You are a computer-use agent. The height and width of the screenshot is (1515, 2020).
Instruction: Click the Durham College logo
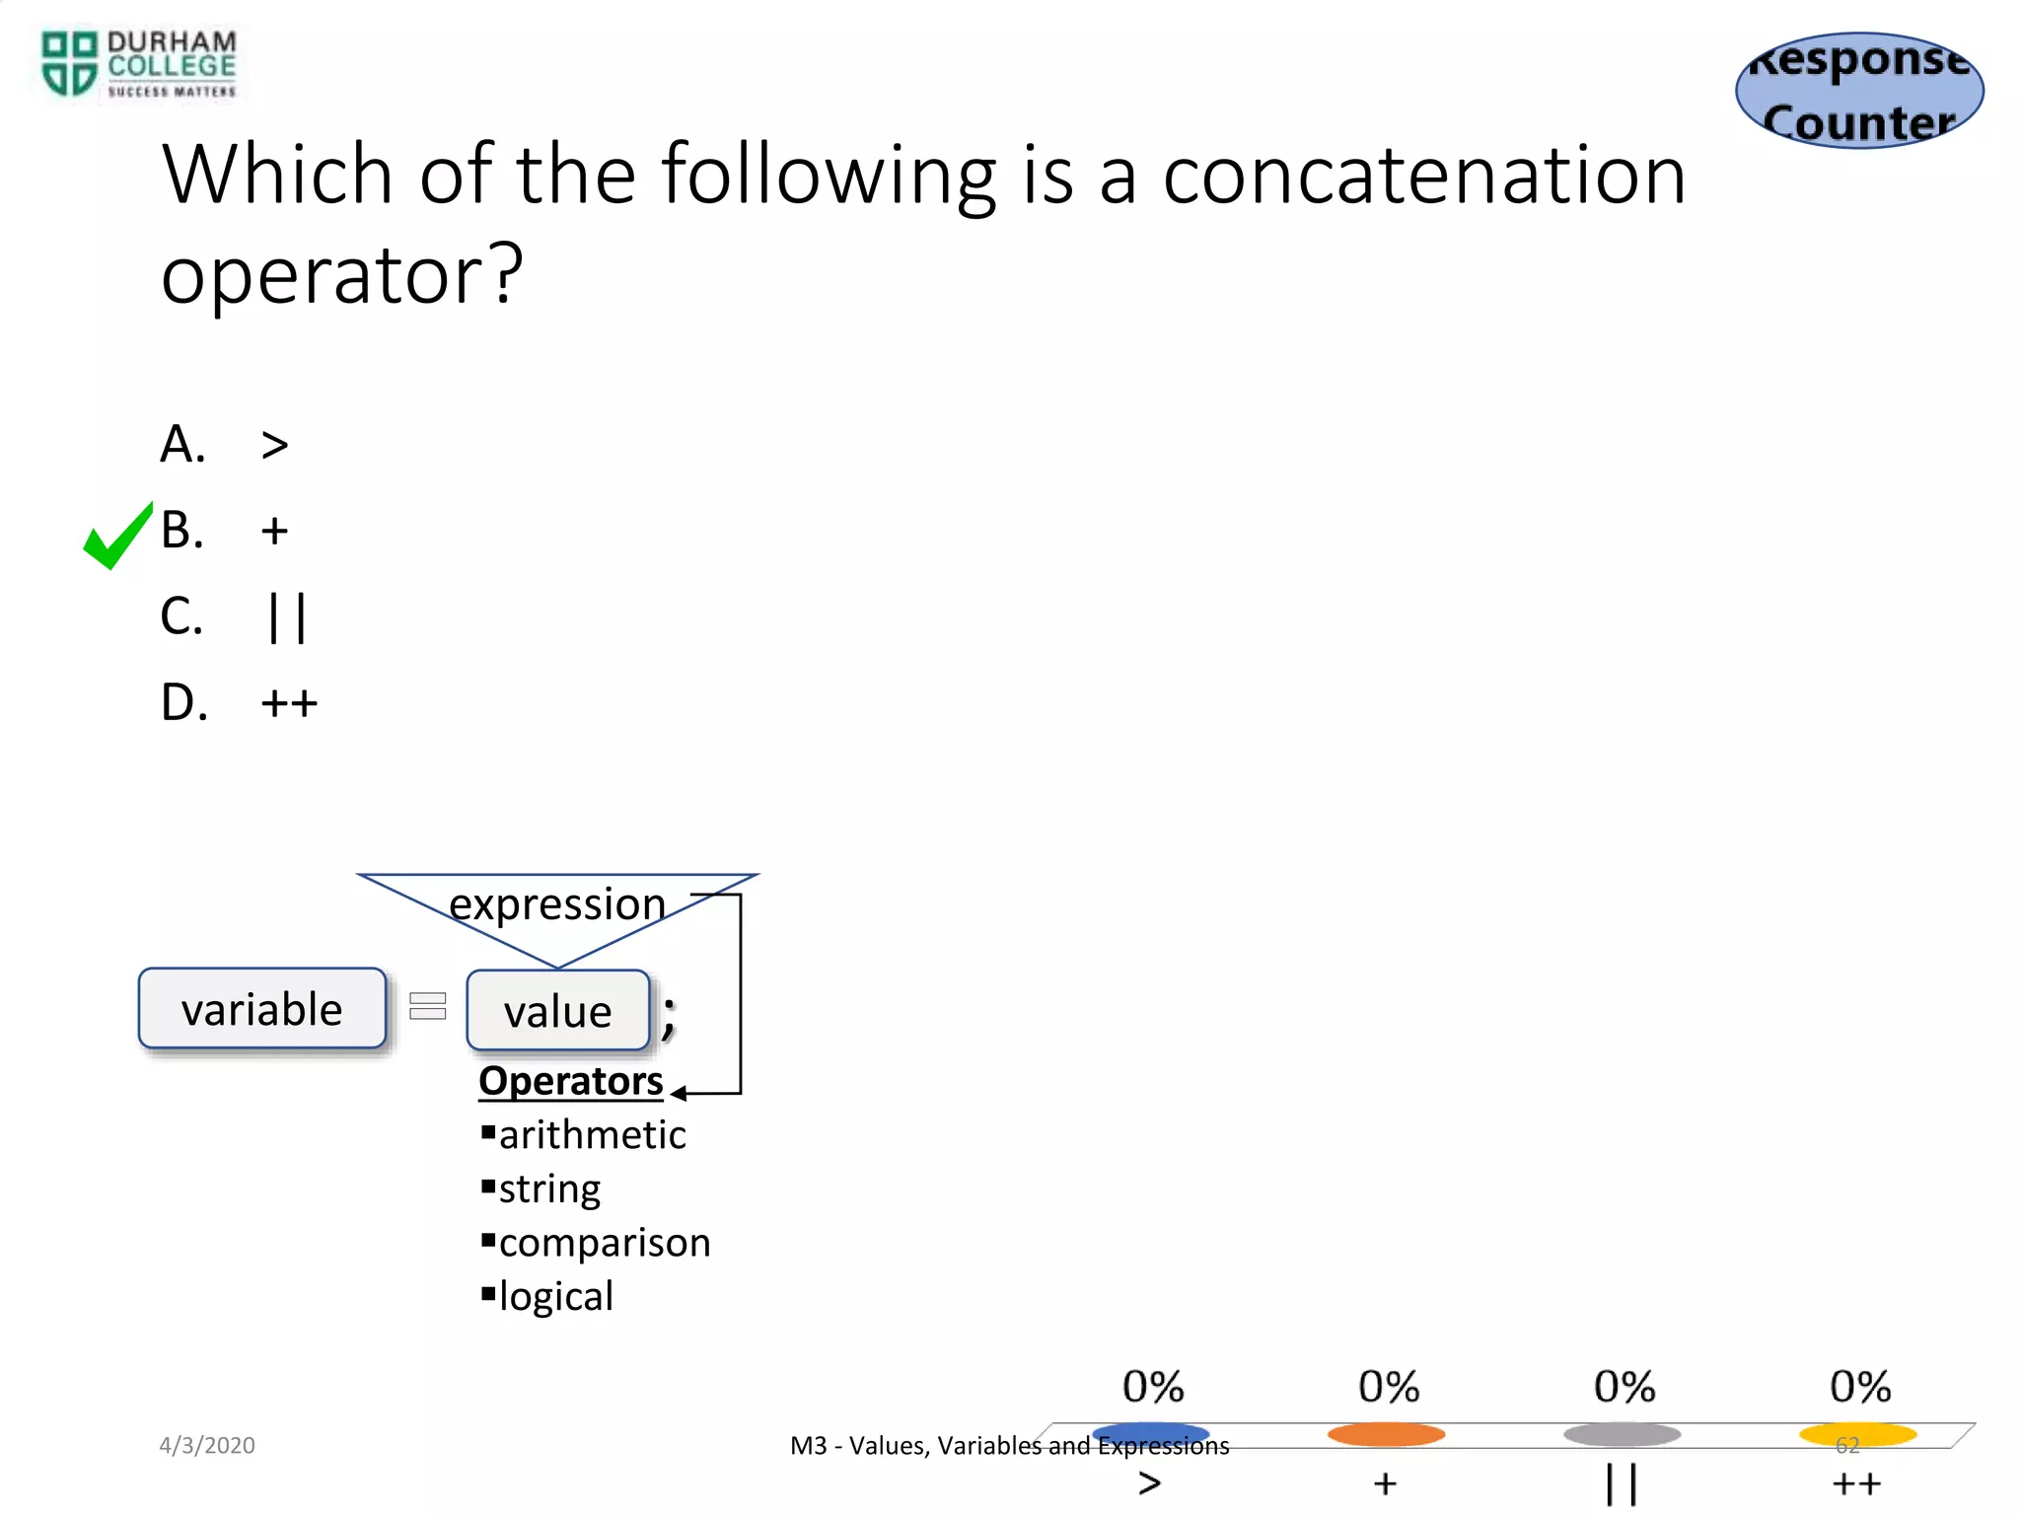[138, 65]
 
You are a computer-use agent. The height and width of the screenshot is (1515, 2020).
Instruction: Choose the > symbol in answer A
[274, 445]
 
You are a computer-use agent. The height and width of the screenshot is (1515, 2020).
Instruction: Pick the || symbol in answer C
[287, 617]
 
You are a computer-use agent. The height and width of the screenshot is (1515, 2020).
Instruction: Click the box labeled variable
[262, 1009]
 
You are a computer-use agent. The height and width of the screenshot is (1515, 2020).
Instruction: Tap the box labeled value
[558, 1011]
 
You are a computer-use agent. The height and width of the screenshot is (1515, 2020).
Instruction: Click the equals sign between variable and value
[427, 1006]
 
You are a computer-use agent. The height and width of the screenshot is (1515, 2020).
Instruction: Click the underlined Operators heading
[571, 1081]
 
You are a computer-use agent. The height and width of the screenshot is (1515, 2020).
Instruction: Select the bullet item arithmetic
[592, 1135]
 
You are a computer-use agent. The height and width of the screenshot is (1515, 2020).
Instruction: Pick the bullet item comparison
[604, 1243]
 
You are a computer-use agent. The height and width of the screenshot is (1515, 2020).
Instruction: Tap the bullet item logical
[555, 1297]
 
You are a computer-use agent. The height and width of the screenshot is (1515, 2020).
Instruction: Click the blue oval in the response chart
[1150, 1433]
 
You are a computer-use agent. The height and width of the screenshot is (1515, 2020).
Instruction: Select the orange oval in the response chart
[1386, 1434]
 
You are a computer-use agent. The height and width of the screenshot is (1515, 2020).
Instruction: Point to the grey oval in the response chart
[1622, 1434]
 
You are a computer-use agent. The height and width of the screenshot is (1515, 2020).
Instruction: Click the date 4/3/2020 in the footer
[207, 1446]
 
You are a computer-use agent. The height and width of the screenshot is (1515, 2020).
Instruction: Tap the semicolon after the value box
[669, 1016]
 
